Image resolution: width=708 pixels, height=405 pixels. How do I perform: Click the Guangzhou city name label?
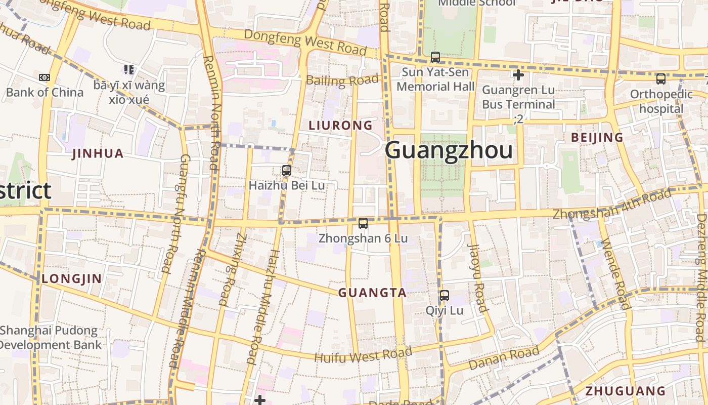(449, 150)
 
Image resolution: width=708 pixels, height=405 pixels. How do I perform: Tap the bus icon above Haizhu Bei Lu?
(287, 171)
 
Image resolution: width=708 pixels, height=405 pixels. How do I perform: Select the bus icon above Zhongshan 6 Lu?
(363, 223)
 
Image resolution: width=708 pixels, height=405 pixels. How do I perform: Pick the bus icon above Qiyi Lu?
(444, 296)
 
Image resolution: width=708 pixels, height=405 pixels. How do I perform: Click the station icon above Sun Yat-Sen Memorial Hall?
(435, 57)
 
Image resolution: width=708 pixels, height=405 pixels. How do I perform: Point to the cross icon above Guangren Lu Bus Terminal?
(518, 75)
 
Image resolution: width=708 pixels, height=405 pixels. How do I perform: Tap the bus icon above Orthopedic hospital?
(660, 78)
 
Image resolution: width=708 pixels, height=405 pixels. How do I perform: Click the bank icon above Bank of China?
(45, 77)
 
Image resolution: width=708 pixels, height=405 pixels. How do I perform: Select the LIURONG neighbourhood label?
(340, 125)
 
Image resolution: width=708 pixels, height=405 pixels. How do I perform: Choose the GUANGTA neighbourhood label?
(372, 293)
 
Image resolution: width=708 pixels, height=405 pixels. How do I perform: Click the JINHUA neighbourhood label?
(98, 153)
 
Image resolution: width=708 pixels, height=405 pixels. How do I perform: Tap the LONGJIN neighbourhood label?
(72, 278)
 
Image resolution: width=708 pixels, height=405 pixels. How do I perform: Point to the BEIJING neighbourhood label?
(597, 137)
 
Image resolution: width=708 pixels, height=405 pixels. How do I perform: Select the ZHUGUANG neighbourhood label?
(625, 391)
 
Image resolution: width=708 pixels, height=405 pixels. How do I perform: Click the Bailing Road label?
(342, 80)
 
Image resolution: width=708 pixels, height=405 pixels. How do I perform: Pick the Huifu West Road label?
(363, 354)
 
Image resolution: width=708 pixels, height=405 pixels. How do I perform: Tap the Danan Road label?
(504, 358)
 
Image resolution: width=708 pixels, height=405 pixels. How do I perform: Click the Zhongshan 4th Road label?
(612, 204)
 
